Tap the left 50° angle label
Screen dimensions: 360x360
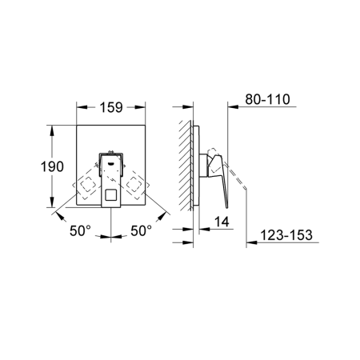pos(80,230)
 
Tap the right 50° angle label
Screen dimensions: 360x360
pos(140,230)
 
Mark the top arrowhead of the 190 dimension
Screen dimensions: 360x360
pos(50,129)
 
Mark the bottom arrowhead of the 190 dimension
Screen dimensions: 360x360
pos(50,206)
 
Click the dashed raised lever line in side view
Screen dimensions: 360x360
pos(236,174)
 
